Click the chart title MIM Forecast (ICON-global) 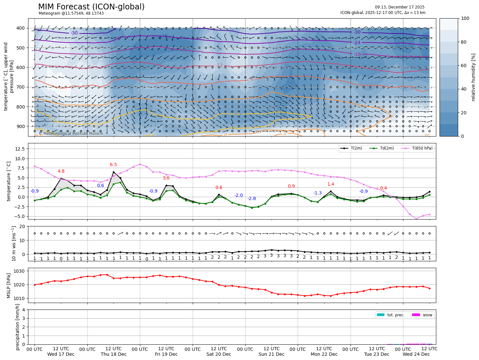[x=91, y=7]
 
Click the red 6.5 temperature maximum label [x=113, y=165]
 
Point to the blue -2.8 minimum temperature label [x=251, y=199]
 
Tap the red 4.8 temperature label [x=61, y=171]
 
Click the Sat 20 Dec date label [x=219, y=354]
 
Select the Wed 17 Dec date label [x=61, y=354]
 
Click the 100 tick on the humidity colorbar [x=465, y=19]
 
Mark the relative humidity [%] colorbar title [x=473, y=77]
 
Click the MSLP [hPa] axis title [x=9, y=286]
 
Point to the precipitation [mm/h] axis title [x=18, y=327]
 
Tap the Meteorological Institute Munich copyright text [x=71, y=134]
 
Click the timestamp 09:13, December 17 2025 [x=399, y=7]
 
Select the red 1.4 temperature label [x=331, y=184]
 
